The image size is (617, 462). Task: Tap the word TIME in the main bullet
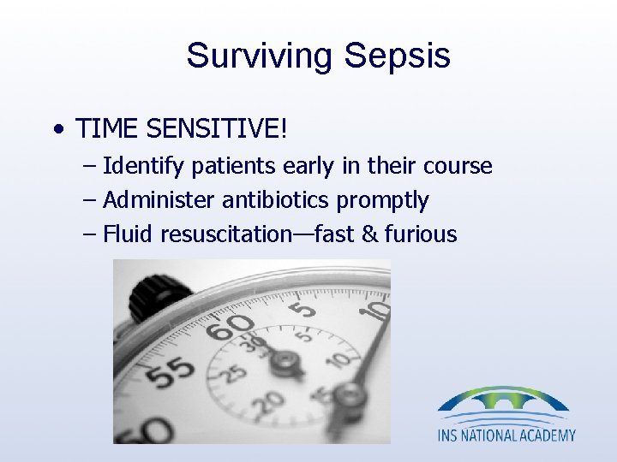[108, 129]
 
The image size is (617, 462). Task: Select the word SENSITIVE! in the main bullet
[218, 129]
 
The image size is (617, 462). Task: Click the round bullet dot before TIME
[57, 131]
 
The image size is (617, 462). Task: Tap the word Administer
[159, 200]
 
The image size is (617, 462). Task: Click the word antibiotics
[277, 200]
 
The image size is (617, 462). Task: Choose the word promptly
[382, 201]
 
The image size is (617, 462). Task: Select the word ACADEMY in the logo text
[543, 435]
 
